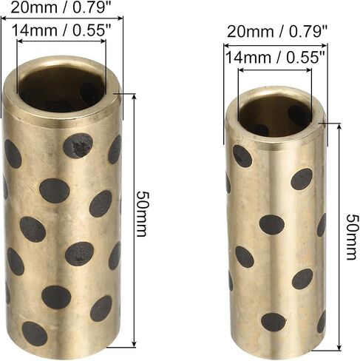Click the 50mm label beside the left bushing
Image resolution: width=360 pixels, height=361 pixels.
pos(143,214)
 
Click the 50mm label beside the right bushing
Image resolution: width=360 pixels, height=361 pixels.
pos(352,237)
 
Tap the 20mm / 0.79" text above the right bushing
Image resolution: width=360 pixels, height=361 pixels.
pos(277,32)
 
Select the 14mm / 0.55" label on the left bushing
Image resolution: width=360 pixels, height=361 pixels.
pos(62,30)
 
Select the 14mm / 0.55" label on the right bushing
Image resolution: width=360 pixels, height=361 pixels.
pos(276,57)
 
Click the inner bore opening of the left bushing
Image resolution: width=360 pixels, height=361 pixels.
pos(61,87)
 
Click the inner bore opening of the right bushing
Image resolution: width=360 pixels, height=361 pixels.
pos(276,114)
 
